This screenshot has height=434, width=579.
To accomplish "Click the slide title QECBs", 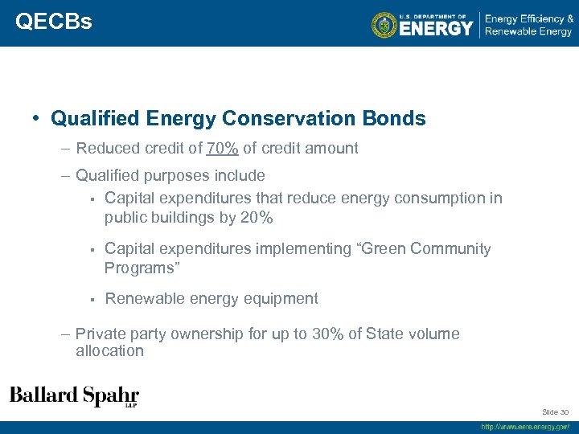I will [x=53, y=22].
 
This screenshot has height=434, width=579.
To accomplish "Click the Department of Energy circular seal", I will [x=384, y=25].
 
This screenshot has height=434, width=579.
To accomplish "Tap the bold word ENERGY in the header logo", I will [x=437, y=29].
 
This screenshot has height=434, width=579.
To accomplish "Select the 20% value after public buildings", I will [x=257, y=218].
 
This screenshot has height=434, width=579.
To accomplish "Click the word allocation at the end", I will [x=109, y=350].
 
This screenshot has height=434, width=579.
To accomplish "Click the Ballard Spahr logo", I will [x=74, y=396].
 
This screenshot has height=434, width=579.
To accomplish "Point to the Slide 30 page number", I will [x=554, y=411].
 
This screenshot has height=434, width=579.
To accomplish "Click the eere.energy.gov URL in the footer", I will [x=525, y=427].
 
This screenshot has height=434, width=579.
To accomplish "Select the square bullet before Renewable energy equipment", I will [x=92, y=299].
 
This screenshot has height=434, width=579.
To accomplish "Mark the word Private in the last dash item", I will [x=101, y=334].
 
